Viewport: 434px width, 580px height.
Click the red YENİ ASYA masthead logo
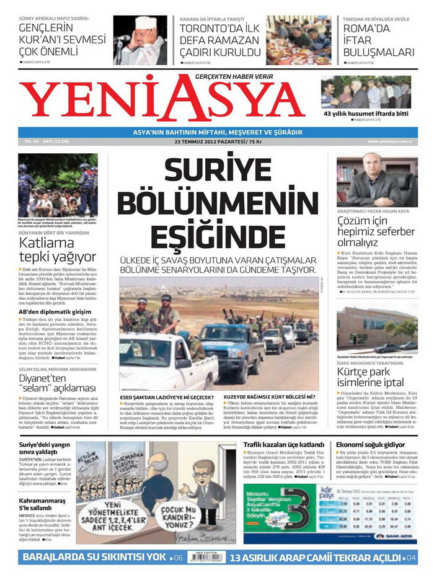[x=164, y=99]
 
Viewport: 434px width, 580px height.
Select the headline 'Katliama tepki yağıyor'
[x=57, y=249]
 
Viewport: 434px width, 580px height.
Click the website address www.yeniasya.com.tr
[x=394, y=142]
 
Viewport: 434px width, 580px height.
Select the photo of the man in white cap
[x=140, y=40]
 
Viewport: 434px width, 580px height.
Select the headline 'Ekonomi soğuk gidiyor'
[x=370, y=445]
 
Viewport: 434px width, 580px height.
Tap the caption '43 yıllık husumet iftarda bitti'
[x=366, y=114]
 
